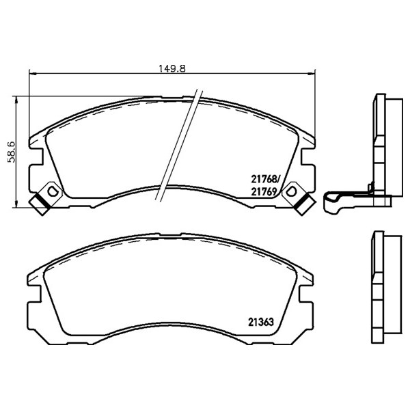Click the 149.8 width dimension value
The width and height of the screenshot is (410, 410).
coord(172,68)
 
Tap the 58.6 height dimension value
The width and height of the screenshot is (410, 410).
coord(12,152)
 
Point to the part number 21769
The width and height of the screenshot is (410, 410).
coord(264,192)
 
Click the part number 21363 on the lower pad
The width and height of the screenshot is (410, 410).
coord(261,322)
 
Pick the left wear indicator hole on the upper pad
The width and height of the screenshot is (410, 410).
coord(52,191)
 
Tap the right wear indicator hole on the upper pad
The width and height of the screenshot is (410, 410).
coord(291,191)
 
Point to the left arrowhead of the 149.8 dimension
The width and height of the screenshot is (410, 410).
coord(32,74)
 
